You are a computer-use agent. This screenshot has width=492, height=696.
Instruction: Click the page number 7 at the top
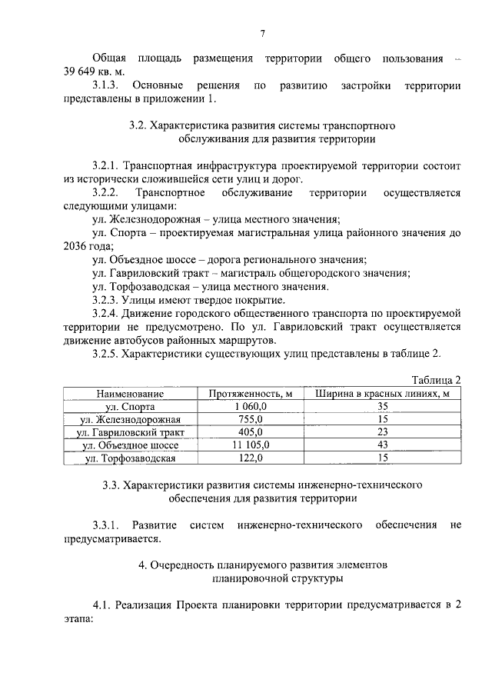tap(262, 33)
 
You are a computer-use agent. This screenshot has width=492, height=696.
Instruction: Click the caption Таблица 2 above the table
tap(436, 380)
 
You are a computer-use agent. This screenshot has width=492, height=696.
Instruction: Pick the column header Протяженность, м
tap(251, 394)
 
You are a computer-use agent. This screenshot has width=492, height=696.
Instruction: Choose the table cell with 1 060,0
tap(251, 407)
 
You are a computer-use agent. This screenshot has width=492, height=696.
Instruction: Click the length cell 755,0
tap(251, 420)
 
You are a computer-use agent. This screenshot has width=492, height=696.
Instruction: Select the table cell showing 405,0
tap(251, 433)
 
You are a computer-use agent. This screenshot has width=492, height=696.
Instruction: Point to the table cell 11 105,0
tap(251, 446)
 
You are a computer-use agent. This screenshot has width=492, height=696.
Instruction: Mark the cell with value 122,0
tap(251, 459)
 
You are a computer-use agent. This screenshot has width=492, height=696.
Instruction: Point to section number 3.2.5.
tap(105, 355)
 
